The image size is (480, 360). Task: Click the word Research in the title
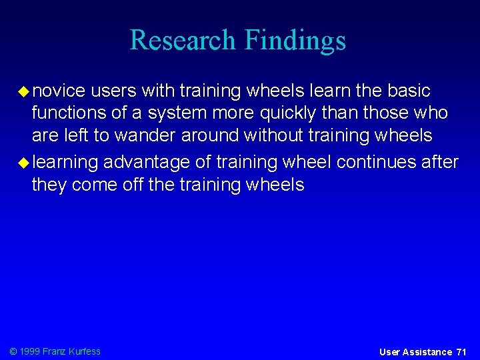click(x=183, y=40)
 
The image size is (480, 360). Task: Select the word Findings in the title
click(x=295, y=41)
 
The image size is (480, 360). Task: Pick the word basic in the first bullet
click(x=407, y=91)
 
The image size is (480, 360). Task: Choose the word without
click(x=273, y=136)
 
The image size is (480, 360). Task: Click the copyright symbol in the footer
click(x=13, y=351)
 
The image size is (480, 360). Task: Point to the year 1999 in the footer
click(x=30, y=351)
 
